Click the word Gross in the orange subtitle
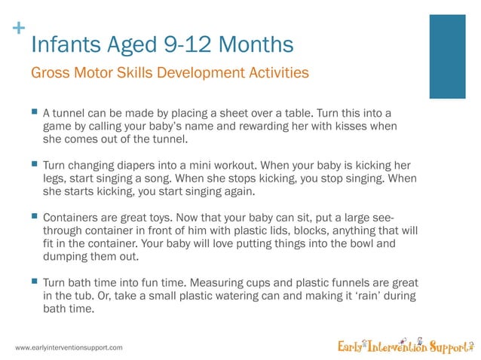(x=47, y=74)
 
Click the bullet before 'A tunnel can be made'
(x=34, y=111)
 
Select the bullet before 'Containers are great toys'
(x=34, y=215)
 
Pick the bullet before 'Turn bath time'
(x=34, y=280)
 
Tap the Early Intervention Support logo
(x=405, y=346)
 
